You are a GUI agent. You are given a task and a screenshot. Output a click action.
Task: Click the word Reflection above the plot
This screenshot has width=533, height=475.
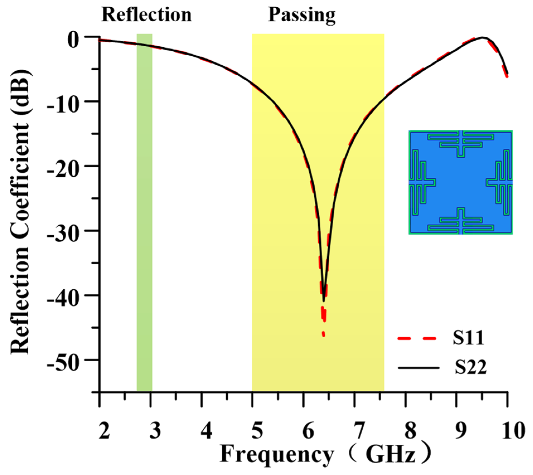point(146,14)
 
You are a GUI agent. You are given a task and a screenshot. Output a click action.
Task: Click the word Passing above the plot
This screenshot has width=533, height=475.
point(302,14)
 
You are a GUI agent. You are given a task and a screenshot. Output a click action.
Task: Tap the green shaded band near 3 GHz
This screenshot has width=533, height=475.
point(144,212)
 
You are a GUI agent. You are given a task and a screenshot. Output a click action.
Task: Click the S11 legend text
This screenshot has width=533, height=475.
point(468,338)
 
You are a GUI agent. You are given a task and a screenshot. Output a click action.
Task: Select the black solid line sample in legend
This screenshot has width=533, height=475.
point(418,368)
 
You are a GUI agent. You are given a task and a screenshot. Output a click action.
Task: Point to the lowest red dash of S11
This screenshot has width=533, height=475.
point(324,334)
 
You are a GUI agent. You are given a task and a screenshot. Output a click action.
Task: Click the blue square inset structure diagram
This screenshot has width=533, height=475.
point(461,182)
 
